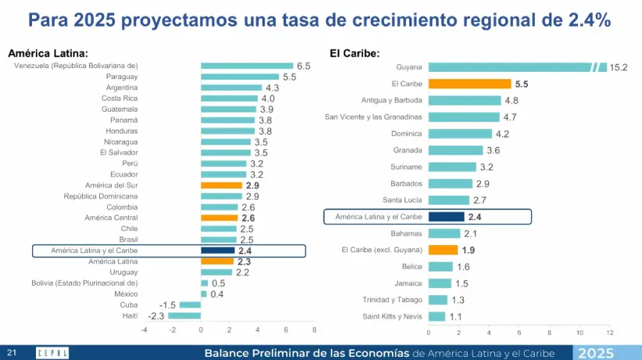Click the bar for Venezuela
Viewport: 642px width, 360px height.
[247, 66]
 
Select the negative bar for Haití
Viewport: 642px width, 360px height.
[184, 315]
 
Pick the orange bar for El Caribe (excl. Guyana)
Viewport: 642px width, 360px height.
[443, 250]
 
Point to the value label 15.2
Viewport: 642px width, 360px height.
[619, 68]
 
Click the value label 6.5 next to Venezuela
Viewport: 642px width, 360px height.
[303, 66]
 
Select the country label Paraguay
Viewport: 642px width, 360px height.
[122, 77]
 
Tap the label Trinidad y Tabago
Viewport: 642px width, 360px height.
[392, 300]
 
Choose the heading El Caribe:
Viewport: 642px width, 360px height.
[355, 53]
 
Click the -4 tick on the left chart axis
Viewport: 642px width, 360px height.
[144, 330]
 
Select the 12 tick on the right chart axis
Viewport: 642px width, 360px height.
[609, 332]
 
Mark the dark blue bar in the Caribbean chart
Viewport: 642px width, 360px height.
[446, 217]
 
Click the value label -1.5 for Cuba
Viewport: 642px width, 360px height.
[167, 305]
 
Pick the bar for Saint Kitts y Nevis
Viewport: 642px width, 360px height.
[437, 316]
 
